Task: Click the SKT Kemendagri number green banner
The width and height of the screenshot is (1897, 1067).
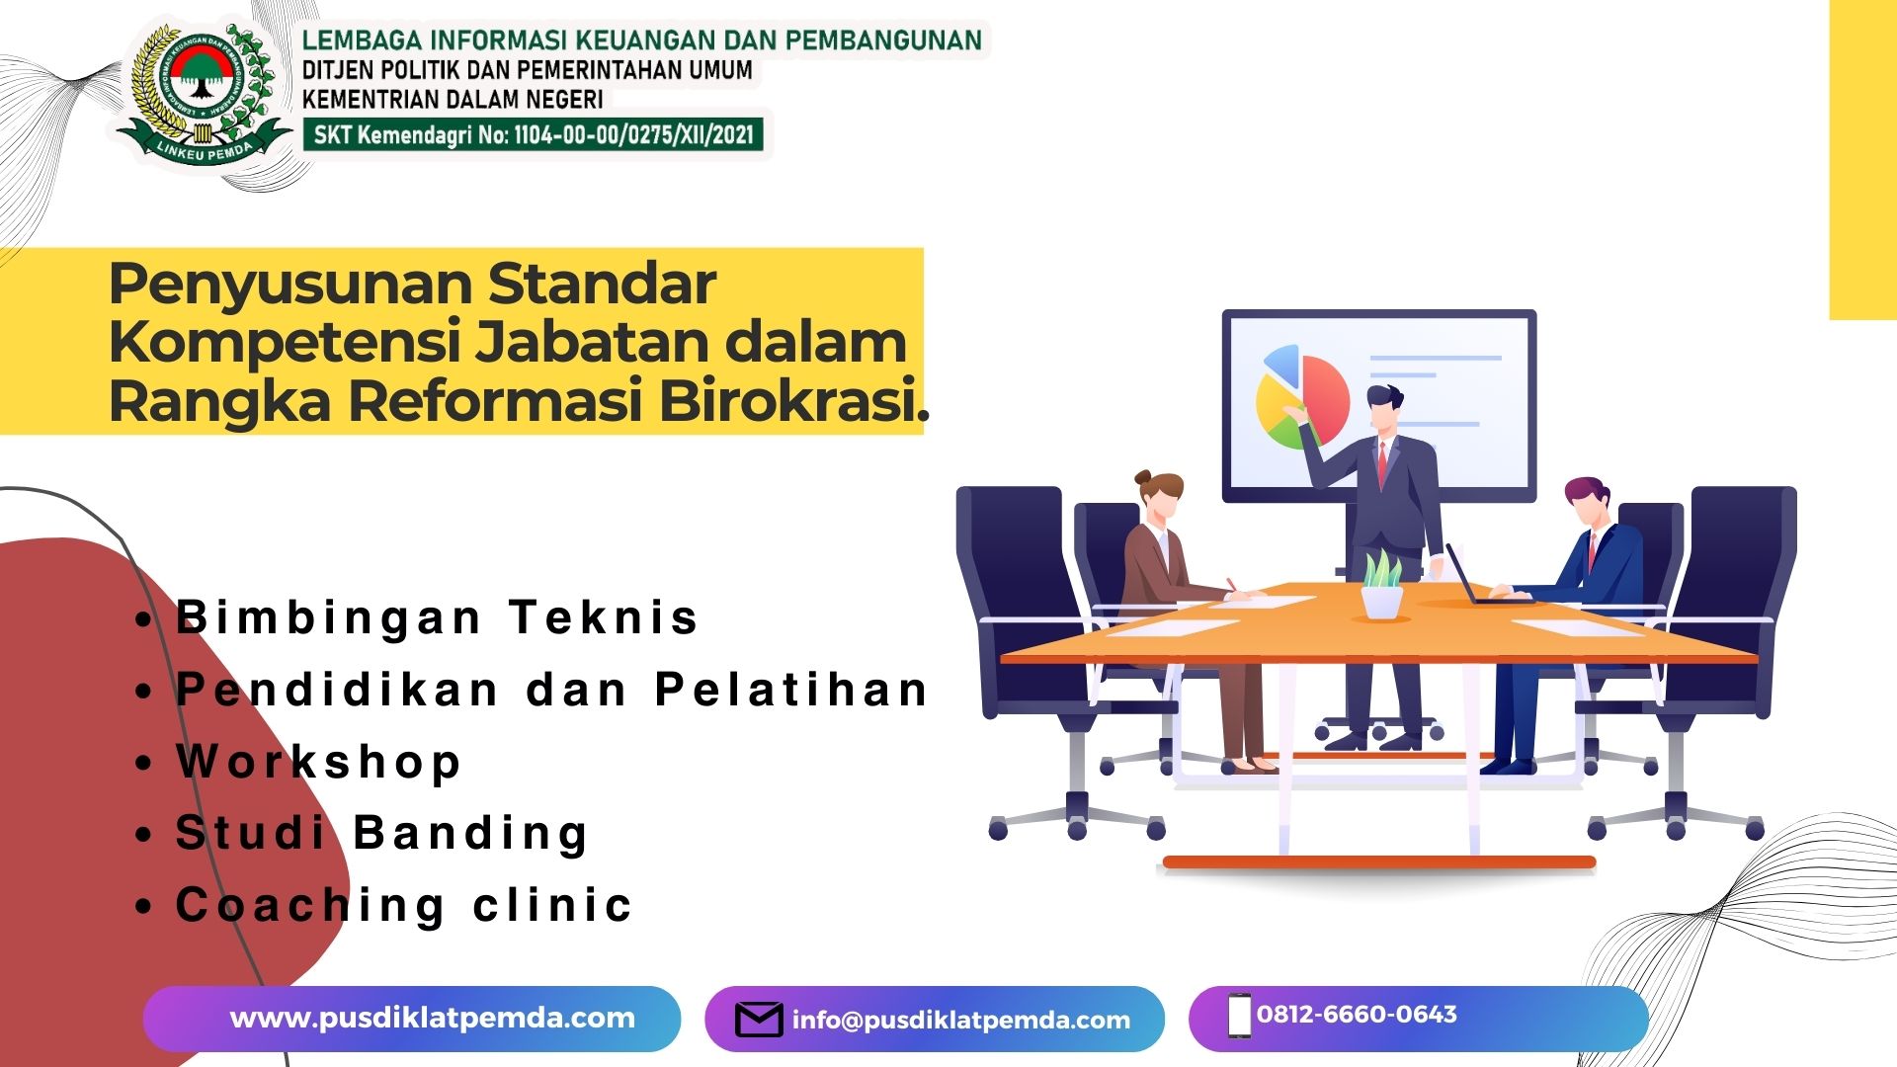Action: click(534, 135)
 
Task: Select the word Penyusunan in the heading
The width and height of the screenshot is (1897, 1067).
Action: click(290, 285)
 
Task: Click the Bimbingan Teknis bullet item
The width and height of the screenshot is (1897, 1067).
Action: click(436, 618)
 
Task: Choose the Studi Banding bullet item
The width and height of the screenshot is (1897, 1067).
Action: click(381, 833)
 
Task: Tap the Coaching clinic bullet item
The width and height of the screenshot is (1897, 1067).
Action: click(403, 905)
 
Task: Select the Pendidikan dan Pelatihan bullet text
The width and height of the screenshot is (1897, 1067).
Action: click(551, 690)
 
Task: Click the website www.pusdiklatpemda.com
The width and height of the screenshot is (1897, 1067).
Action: click(432, 1019)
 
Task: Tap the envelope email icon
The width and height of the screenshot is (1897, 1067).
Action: click(759, 1020)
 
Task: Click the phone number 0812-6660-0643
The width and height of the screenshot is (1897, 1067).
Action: click(1356, 1015)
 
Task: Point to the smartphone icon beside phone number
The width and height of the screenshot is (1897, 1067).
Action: click(1238, 1017)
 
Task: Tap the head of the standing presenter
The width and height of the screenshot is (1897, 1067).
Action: click(1383, 406)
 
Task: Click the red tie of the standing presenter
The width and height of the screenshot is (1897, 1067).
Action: click(1382, 464)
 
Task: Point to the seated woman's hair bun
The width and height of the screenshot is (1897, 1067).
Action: click(1143, 477)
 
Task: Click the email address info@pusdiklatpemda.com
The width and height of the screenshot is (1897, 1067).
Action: click(960, 1021)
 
